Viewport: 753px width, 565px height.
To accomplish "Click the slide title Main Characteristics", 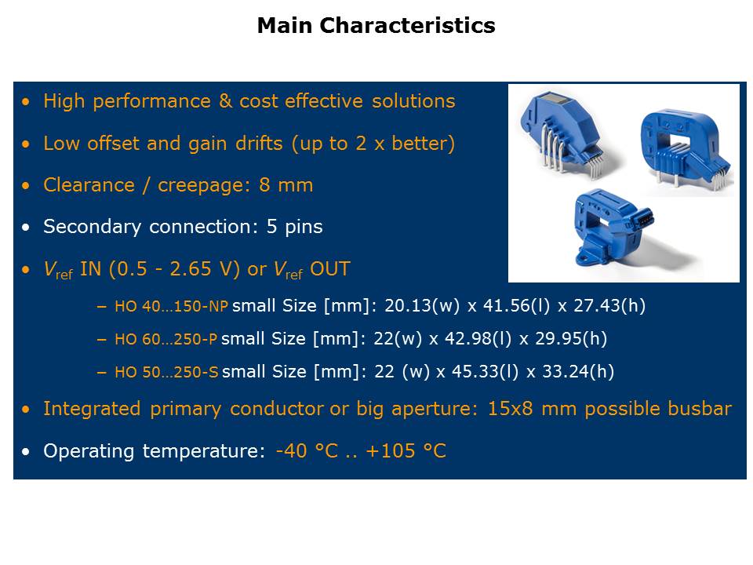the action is tap(376, 25).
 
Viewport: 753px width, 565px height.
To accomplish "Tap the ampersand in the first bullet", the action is tap(225, 101).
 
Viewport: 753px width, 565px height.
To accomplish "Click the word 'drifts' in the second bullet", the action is tap(259, 143).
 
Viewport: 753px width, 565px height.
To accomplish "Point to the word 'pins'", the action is tap(304, 227).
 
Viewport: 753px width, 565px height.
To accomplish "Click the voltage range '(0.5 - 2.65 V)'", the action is tap(174, 269).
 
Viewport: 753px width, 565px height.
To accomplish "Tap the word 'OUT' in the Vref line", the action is tap(330, 269).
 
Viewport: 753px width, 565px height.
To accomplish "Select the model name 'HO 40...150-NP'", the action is tap(172, 306).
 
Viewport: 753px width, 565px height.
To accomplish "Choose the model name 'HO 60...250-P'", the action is tap(166, 339).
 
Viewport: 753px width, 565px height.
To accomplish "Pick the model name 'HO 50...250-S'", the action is tap(166, 372).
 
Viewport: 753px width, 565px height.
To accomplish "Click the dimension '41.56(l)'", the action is tap(516, 305).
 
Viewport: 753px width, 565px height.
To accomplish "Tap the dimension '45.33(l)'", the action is tap(485, 371).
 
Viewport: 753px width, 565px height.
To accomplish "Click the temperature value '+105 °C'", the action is tap(406, 451).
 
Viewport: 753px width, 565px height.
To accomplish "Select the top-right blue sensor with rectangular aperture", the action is tap(686, 147).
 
